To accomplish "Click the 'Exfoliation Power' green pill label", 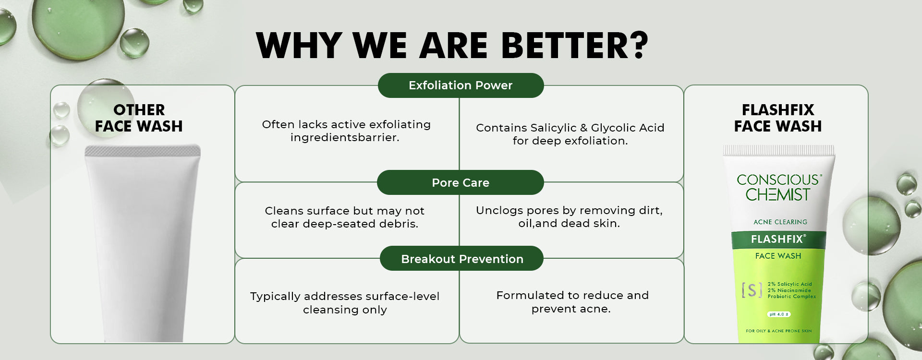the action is [x=461, y=85].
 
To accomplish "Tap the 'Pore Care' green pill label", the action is [x=461, y=182].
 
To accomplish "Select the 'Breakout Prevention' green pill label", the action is [x=461, y=259].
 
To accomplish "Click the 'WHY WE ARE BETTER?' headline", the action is [x=452, y=46].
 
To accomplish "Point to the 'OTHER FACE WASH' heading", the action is [x=139, y=118].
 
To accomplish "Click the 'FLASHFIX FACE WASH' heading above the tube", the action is [x=778, y=118].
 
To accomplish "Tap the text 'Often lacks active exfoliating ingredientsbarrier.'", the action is [x=346, y=131].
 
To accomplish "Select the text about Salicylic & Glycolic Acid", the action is [x=570, y=134].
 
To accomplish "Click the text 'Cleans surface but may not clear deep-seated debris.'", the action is [x=345, y=217].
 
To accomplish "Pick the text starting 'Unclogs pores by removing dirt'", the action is [x=569, y=217].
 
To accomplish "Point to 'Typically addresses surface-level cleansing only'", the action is [x=345, y=303].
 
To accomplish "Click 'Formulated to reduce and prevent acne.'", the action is [x=572, y=302].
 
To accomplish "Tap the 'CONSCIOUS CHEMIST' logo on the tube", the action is [x=779, y=187].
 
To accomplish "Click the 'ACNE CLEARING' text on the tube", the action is [x=780, y=222].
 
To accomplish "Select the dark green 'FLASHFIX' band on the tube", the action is [x=779, y=239].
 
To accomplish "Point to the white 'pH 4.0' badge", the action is [x=779, y=314].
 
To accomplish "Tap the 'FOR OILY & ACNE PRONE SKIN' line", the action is [x=778, y=331].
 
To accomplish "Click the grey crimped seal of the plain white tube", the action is [x=143, y=151].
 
